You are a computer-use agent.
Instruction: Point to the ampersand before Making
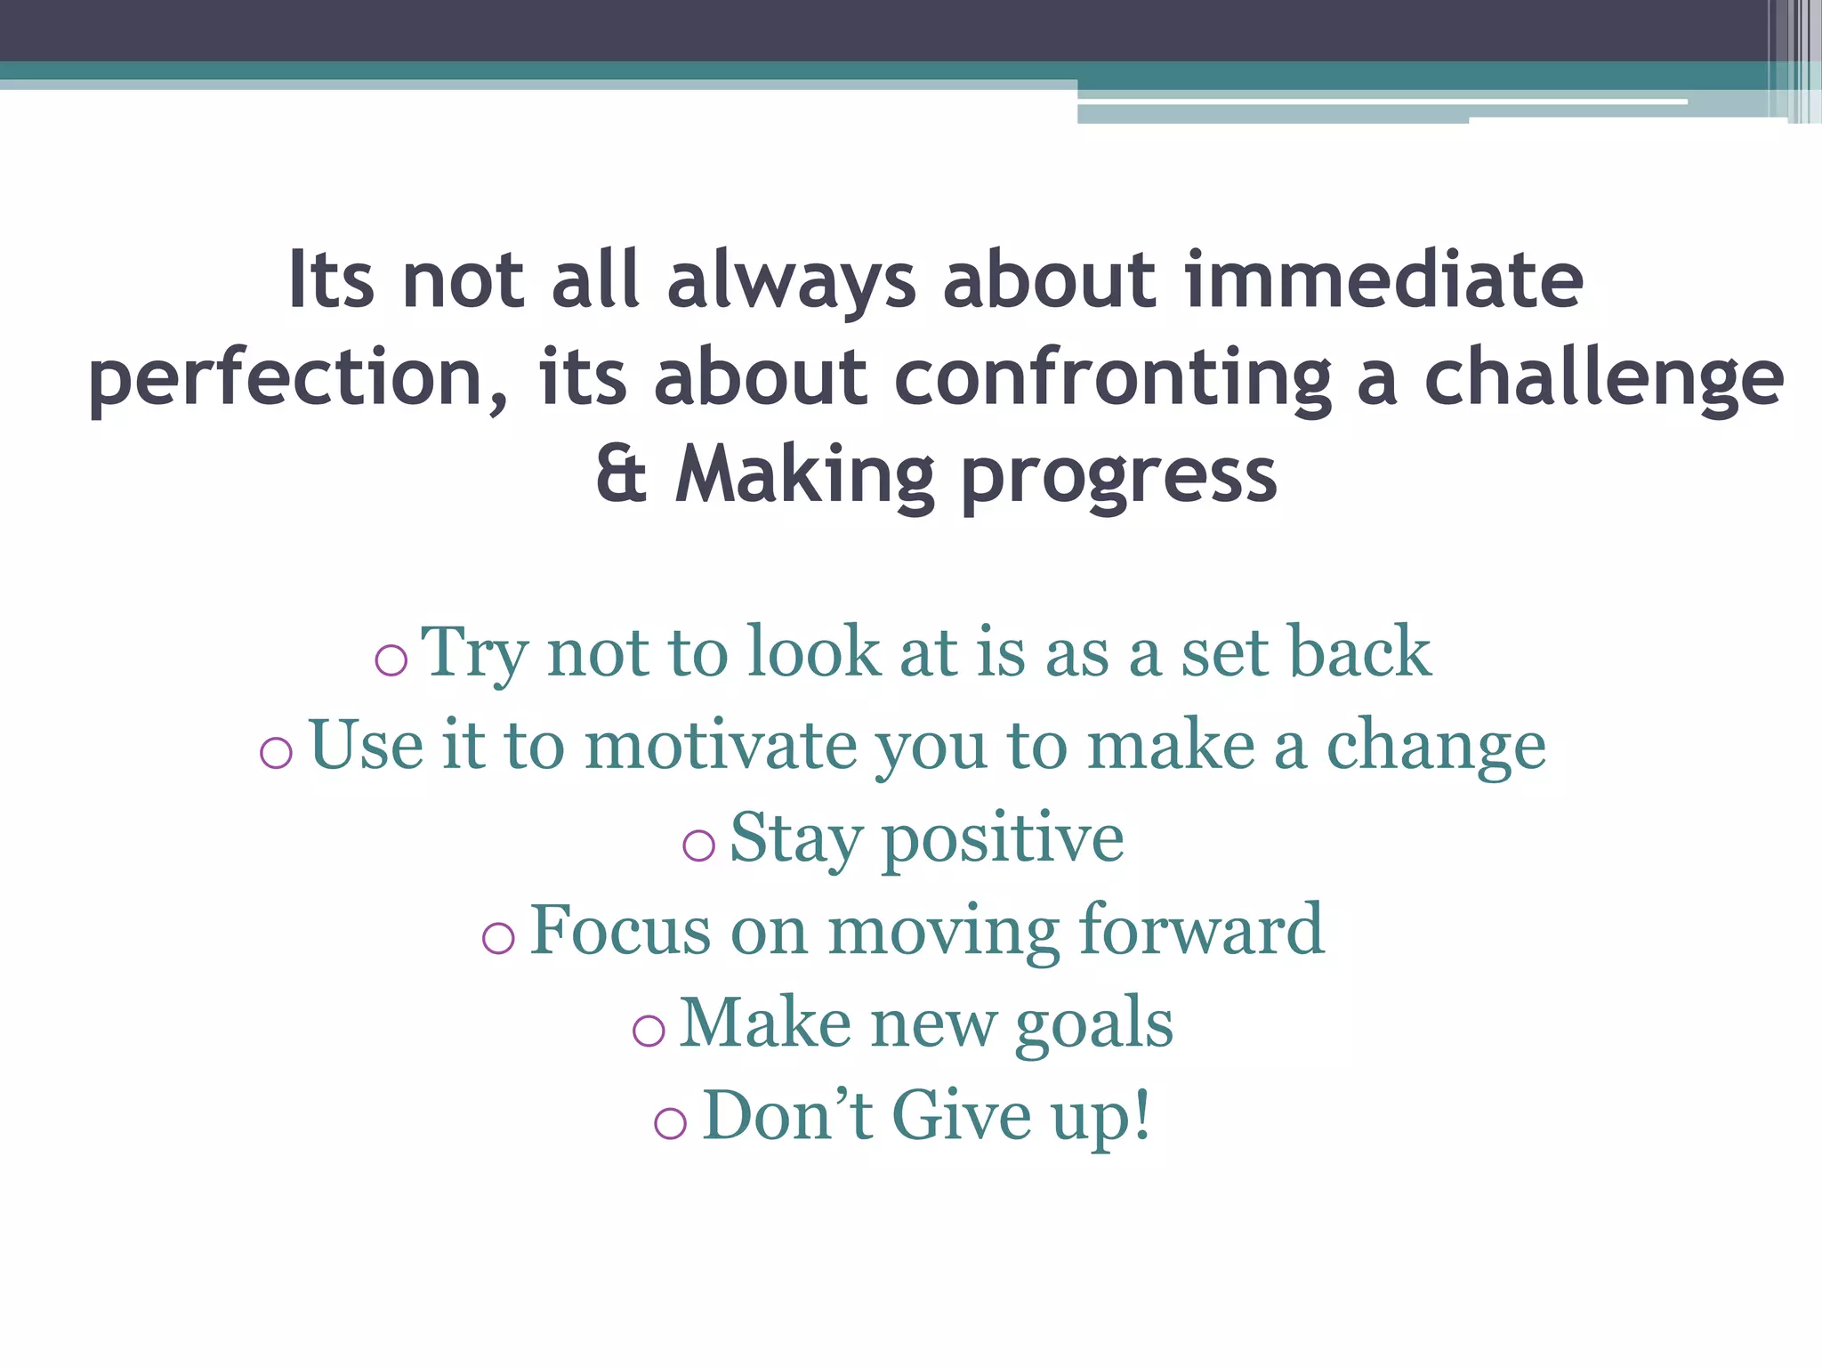pyautogui.click(x=621, y=475)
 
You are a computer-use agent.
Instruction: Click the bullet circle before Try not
pyautogui.click(x=391, y=659)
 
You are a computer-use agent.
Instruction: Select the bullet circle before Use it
pyautogui.click(x=276, y=753)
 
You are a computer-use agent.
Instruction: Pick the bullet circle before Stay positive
pyautogui.click(x=698, y=845)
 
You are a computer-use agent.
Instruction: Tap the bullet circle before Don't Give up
pyautogui.click(x=670, y=1123)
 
